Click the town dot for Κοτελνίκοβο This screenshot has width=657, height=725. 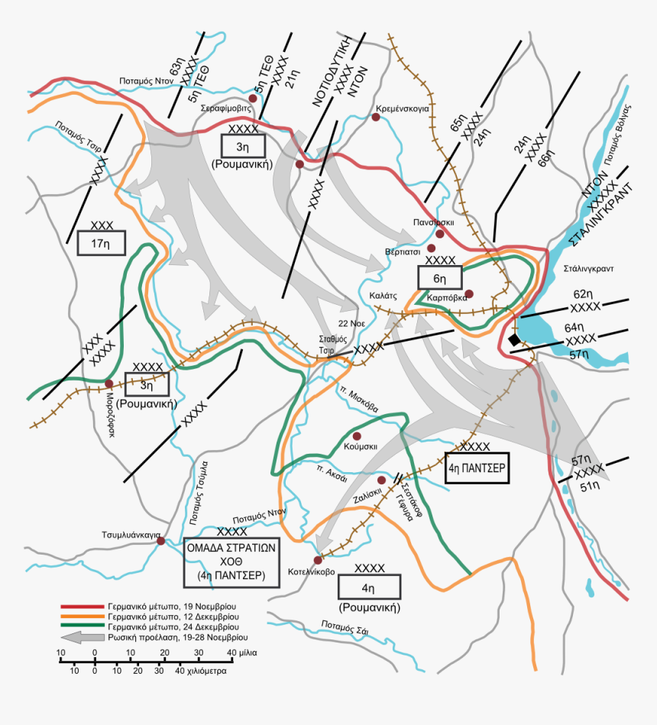pos(318,560)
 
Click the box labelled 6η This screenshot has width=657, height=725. pos(439,278)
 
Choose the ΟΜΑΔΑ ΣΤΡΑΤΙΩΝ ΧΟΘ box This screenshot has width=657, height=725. pos(229,562)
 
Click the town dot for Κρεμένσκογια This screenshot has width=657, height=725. pos(377,117)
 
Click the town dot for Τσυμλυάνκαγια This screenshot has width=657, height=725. pos(160,541)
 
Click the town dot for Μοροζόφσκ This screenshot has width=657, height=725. pos(109,384)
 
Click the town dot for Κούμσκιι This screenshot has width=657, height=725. pos(356,435)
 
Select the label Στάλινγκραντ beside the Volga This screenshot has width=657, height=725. pos(589,269)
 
